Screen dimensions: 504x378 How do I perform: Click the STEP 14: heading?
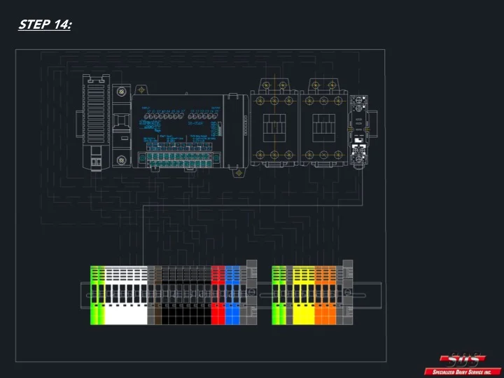(x=45, y=24)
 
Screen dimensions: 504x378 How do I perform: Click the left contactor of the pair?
(x=274, y=123)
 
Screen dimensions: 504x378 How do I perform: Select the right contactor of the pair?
(x=323, y=123)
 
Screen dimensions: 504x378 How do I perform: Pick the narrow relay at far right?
(x=360, y=129)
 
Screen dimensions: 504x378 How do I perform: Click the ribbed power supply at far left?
(x=96, y=122)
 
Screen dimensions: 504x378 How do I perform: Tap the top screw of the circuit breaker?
(x=122, y=92)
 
